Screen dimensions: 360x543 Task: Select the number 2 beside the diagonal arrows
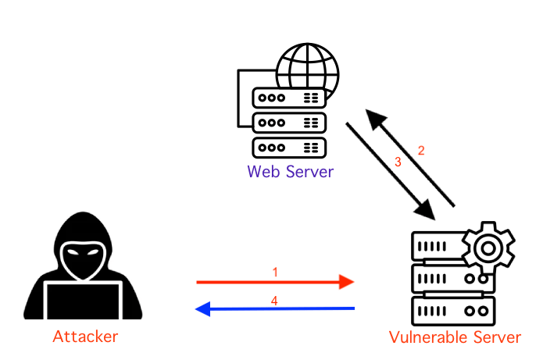pyautogui.click(x=421, y=151)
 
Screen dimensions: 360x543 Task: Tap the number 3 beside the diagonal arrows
pyautogui.click(x=397, y=162)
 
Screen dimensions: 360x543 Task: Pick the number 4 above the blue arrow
pyautogui.click(x=275, y=299)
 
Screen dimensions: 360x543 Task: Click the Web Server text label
pyautogui.click(x=290, y=171)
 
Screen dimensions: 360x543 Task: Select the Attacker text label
pyautogui.click(x=85, y=337)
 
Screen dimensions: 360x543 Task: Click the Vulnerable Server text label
pyautogui.click(x=455, y=337)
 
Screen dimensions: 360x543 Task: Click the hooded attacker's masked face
pyautogui.click(x=84, y=258)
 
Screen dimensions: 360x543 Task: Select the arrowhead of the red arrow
pyautogui.click(x=346, y=282)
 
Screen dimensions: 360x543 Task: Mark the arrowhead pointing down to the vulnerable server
pyautogui.click(x=425, y=209)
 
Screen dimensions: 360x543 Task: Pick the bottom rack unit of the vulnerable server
pyautogui.click(x=454, y=310)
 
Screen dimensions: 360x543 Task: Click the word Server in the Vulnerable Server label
pyautogui.click(x=492, y=337)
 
